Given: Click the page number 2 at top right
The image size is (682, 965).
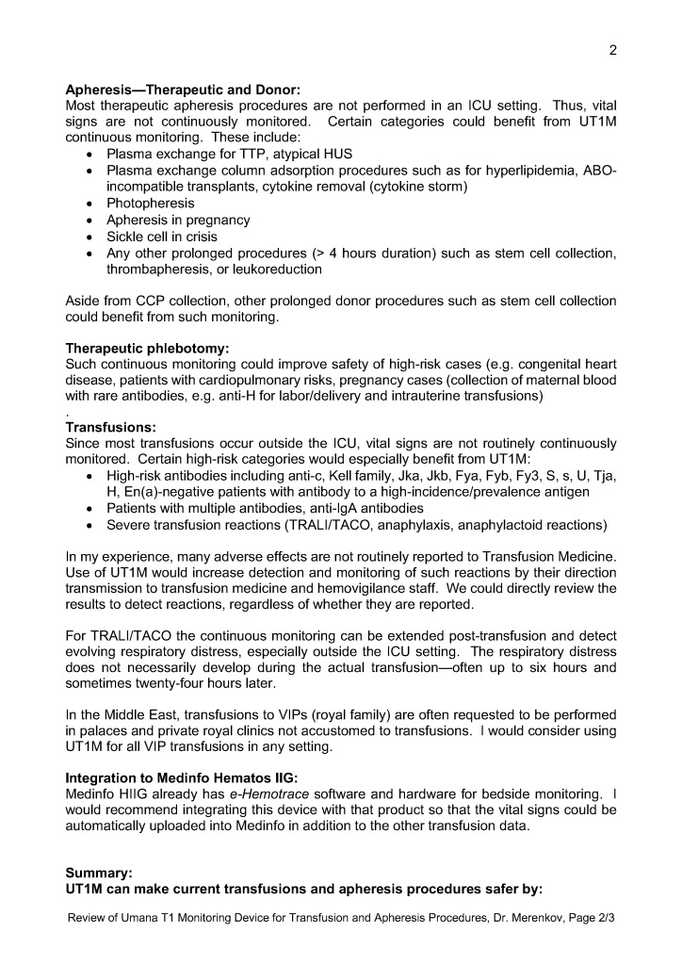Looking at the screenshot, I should coord(612,51).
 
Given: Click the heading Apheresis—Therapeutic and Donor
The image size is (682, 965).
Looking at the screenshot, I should coord(182,90).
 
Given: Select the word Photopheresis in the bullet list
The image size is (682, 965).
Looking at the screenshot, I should coord(151,203).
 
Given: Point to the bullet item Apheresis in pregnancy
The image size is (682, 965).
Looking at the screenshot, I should coord(178,220).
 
